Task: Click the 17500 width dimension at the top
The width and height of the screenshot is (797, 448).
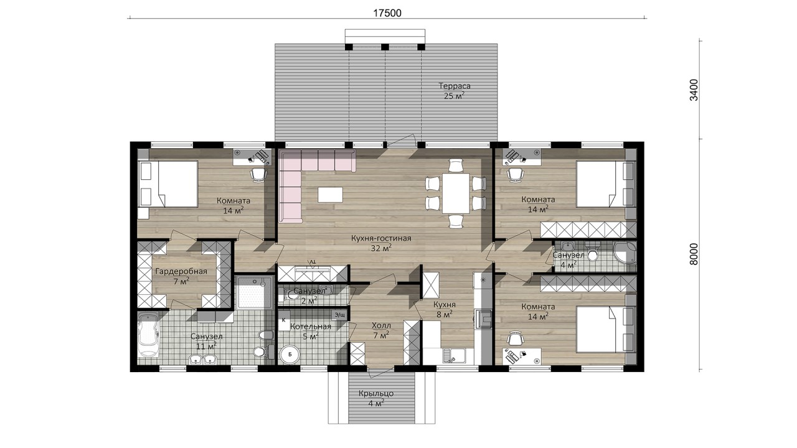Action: click(387, 13)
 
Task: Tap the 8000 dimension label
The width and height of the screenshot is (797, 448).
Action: click(694, 254)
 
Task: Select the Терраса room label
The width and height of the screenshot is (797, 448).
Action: click(455, 86)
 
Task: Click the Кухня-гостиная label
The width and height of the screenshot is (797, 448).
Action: click(381, 238)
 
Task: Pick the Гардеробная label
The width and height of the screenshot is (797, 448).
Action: click(181, 272)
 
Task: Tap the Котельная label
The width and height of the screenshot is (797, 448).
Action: click(311, 327)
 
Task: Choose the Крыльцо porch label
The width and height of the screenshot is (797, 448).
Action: click(376, 394)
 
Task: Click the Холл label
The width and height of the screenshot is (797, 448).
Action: click(381, 325)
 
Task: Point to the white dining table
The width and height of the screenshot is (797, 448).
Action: click(456, 193)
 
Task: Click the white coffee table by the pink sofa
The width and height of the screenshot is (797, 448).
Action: click(331, 195)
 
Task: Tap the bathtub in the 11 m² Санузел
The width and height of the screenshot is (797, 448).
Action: click(148, 334)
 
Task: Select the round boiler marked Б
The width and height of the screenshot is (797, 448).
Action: click(290, 354)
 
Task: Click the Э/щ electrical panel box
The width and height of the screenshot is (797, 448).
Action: click(340, 315)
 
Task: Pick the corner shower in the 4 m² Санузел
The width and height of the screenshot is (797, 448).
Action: click(625, 253)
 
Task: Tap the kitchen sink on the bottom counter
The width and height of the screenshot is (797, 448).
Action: click(455, 355)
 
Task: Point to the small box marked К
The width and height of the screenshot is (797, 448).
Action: click(284, 320)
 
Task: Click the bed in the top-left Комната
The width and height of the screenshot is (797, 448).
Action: click(168, 184)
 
